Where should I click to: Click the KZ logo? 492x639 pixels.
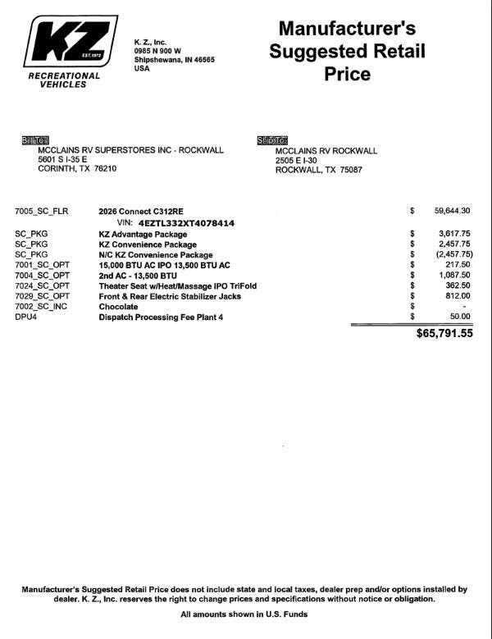[70, 43]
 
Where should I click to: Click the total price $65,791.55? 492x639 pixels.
[444, 334]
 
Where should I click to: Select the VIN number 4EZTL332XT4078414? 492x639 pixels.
[187, 223]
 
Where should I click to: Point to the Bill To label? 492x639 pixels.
[35, 140]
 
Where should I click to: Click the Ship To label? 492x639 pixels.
[272, 140]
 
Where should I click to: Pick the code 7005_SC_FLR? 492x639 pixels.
[41, 211]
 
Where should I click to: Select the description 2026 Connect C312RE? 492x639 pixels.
[141, 211]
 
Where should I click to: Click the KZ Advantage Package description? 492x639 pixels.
[143, 235]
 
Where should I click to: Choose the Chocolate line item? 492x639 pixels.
[118, 307]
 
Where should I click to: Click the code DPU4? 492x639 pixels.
[26, 317]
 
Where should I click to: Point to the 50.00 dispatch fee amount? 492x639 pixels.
[460, 317]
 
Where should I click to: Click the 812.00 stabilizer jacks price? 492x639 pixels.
[457, 296]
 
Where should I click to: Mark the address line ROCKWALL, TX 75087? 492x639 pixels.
[318, 171]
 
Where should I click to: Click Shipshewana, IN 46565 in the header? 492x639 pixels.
[174, 60]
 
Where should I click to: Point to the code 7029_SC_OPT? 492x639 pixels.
[43, 296]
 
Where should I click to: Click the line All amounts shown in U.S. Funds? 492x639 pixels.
[244, 614]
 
